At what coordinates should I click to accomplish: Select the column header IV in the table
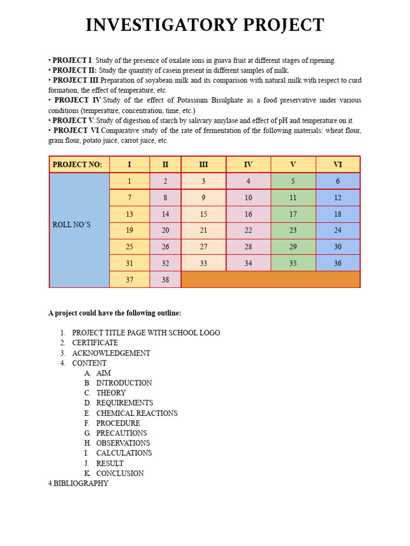pyautogui.click(x=248, y=165)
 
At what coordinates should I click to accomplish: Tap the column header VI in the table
pyautogui.click(x=337, y=165)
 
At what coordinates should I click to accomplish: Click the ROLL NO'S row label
pyautogui.click(x=72, y=224)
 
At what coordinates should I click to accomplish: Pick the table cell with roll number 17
pyautogui.click(x=293, y=214)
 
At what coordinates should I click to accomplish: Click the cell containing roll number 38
pyautogui.click(x=165, y=279)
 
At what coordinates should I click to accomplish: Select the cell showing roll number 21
pyautogui.click(x=203, y=231)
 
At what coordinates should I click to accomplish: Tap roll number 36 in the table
pyautogui.click(x=337, y=263)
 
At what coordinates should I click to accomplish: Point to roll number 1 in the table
pyautogui.click(x=129, y=181)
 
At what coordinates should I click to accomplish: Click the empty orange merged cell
pyautogui.click(x=270, y=279)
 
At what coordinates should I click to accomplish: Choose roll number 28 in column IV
pyautogui.click(x=248, y=247)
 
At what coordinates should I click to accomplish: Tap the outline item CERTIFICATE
pyautogui.click(x=95, y=343)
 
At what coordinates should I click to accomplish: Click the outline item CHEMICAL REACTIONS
pyautogui.click(x=137, y=413)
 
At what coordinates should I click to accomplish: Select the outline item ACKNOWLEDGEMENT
pyautogui.click(x=111, y=353)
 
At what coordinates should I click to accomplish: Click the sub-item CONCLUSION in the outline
pyautogui.click(x=120, y=473)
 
